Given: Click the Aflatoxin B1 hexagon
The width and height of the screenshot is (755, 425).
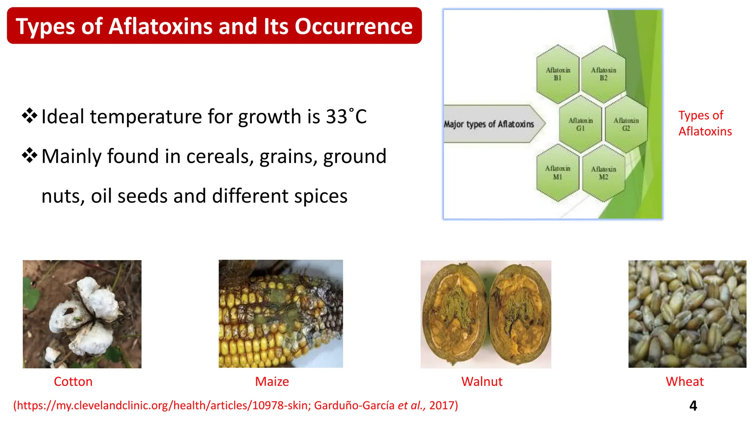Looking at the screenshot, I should coord(558,74).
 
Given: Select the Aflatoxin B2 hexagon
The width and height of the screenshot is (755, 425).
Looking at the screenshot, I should coord(603,74).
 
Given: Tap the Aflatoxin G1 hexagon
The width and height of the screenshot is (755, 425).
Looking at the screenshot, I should coord(580,125).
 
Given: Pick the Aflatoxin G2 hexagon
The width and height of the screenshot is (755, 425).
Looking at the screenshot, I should coord(626,125).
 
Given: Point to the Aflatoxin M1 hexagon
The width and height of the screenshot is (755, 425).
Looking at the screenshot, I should coord(558,173).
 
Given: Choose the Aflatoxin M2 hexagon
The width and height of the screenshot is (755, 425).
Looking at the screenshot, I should coord(603,173).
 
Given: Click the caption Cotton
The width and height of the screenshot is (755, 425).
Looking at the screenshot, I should coord(73,381).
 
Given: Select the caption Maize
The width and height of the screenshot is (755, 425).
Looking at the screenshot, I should coord(272,381).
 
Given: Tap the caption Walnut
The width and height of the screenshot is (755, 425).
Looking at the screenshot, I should coord(482,381).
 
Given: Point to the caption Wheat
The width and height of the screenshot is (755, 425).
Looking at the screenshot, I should coord(685,381).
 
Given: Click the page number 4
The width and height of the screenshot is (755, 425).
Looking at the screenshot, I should coord(693,406).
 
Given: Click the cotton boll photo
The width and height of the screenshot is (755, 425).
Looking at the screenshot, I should coord(82,314).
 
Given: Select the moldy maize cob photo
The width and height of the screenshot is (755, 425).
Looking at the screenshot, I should coord(281,314).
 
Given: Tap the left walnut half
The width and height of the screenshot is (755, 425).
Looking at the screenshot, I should coord(454,314).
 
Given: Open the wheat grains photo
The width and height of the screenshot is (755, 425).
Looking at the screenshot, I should coord(687,314).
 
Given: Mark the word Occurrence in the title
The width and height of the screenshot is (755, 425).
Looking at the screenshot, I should coord(354,27).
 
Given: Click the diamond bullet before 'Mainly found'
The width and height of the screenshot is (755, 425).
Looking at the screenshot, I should coord(29,156).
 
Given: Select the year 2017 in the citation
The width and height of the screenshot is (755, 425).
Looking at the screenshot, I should coord(442,405).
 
